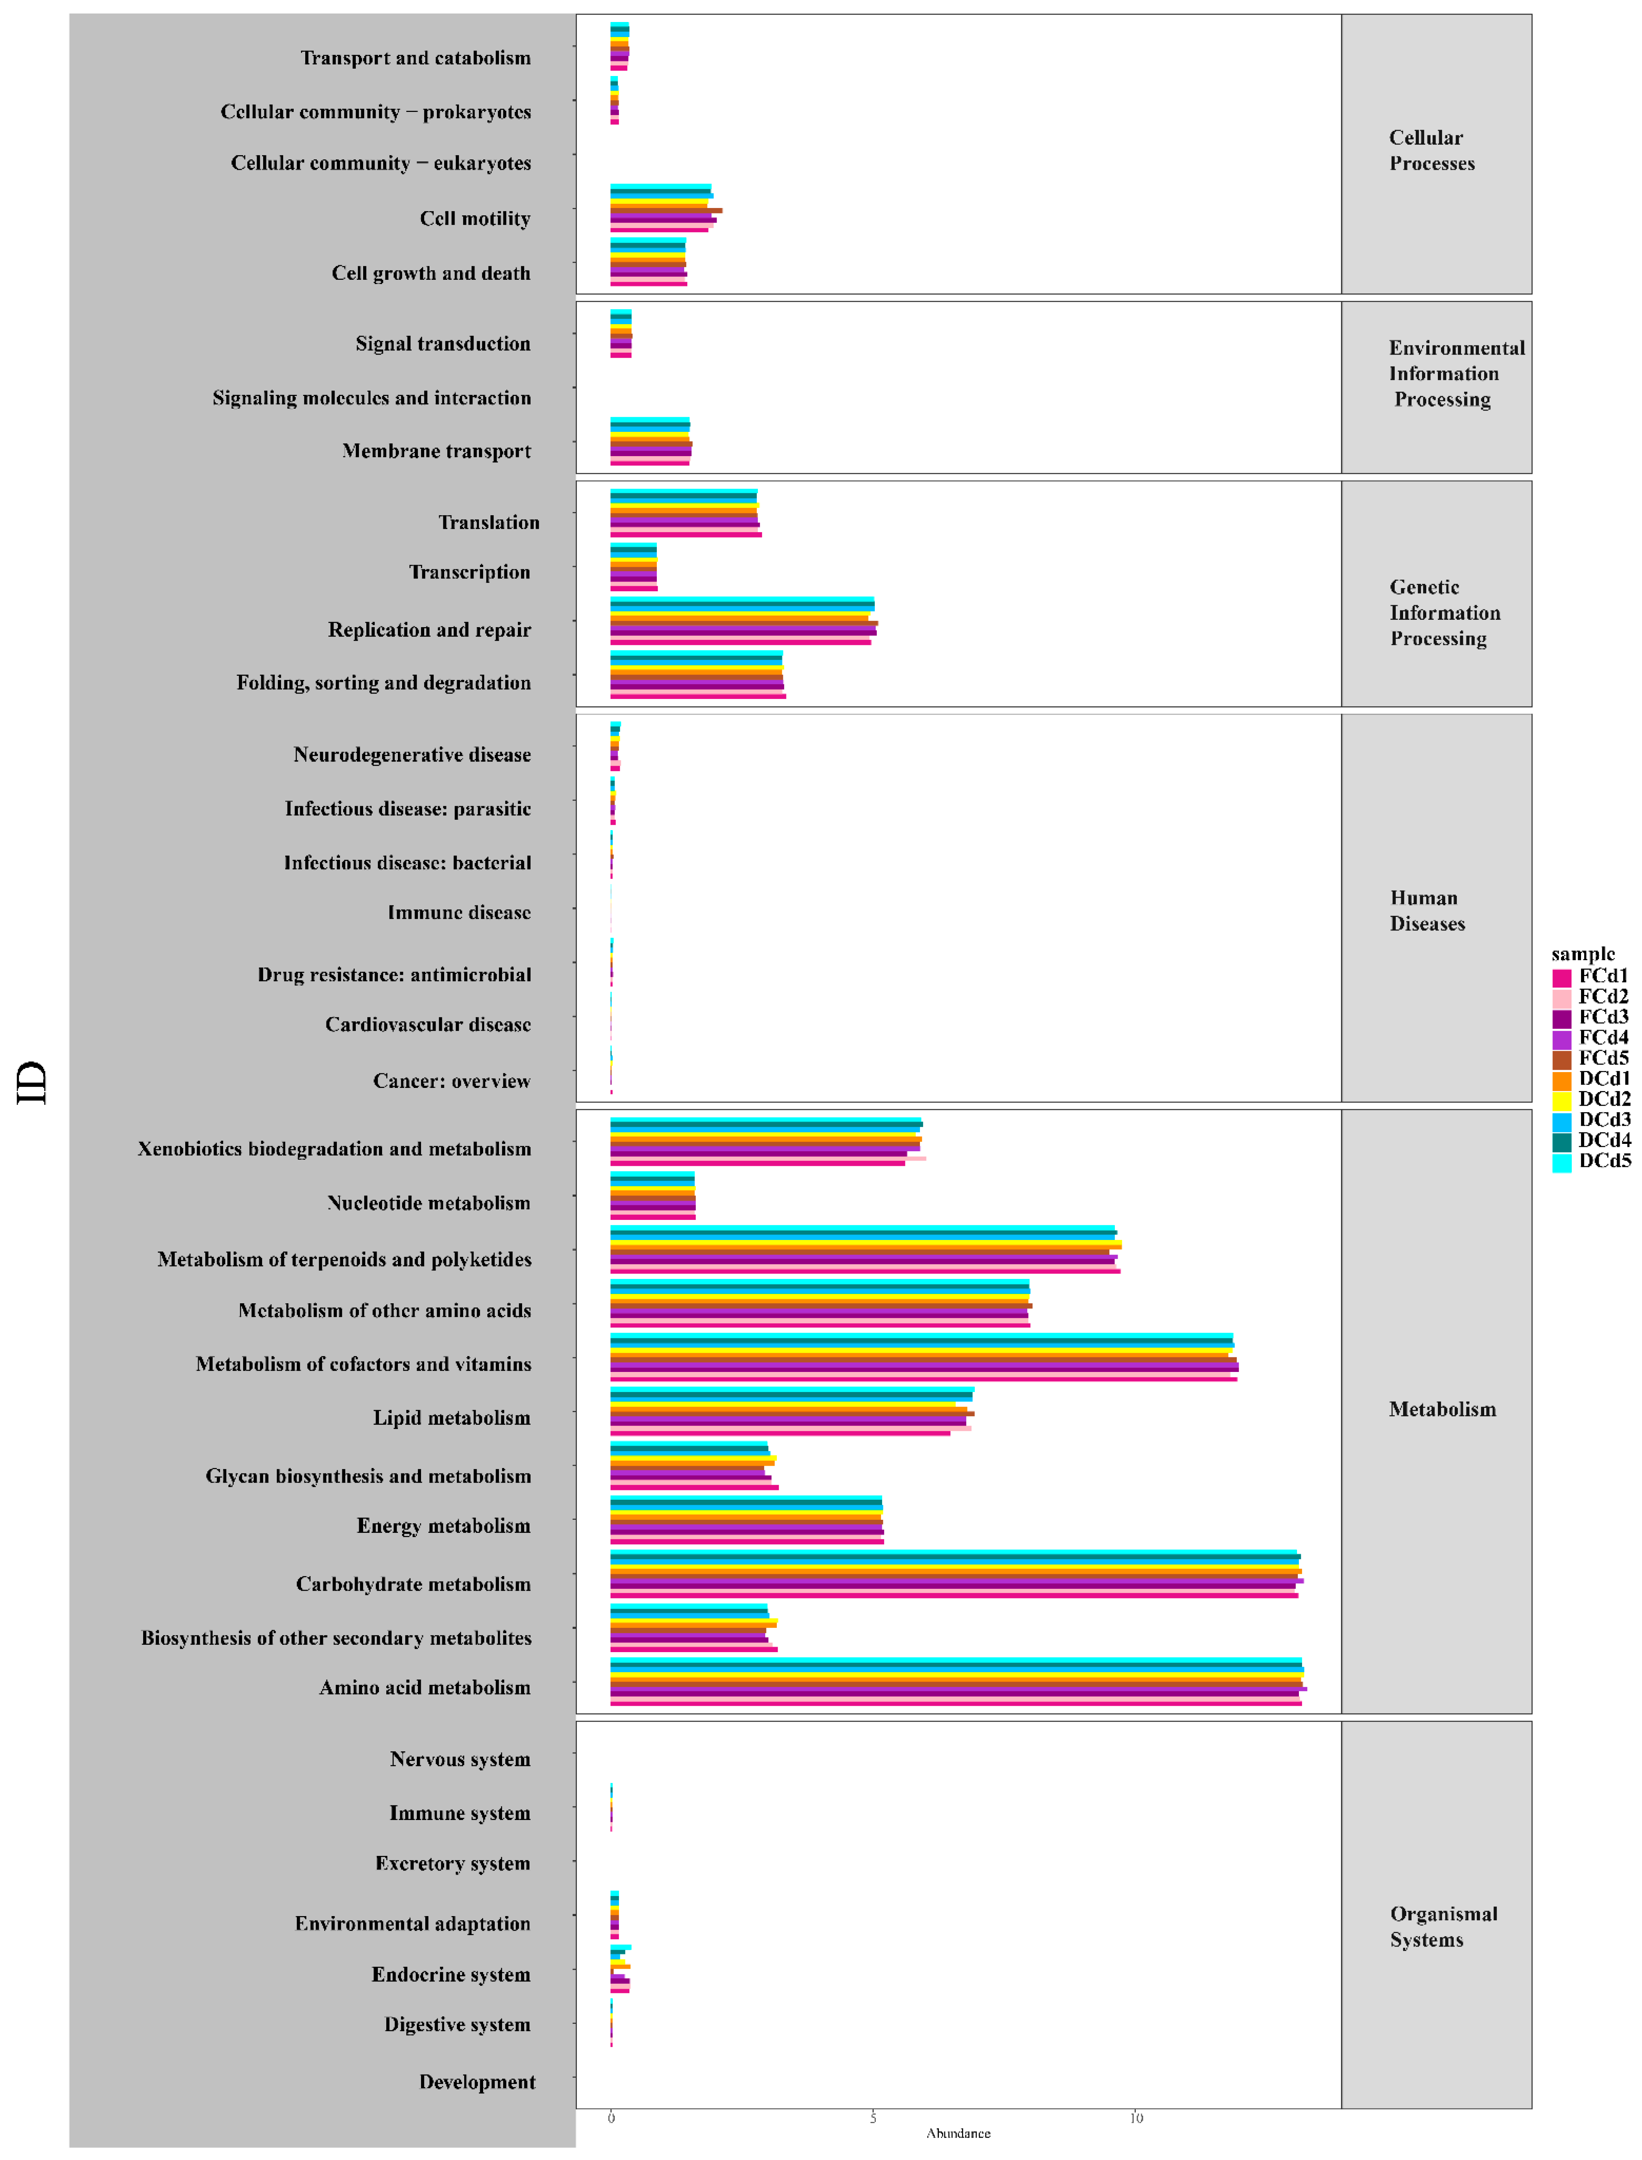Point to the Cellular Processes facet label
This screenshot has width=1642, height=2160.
[1432, 151]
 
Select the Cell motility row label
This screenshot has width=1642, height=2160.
[475, 219]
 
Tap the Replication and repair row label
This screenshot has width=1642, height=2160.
[429, 631]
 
